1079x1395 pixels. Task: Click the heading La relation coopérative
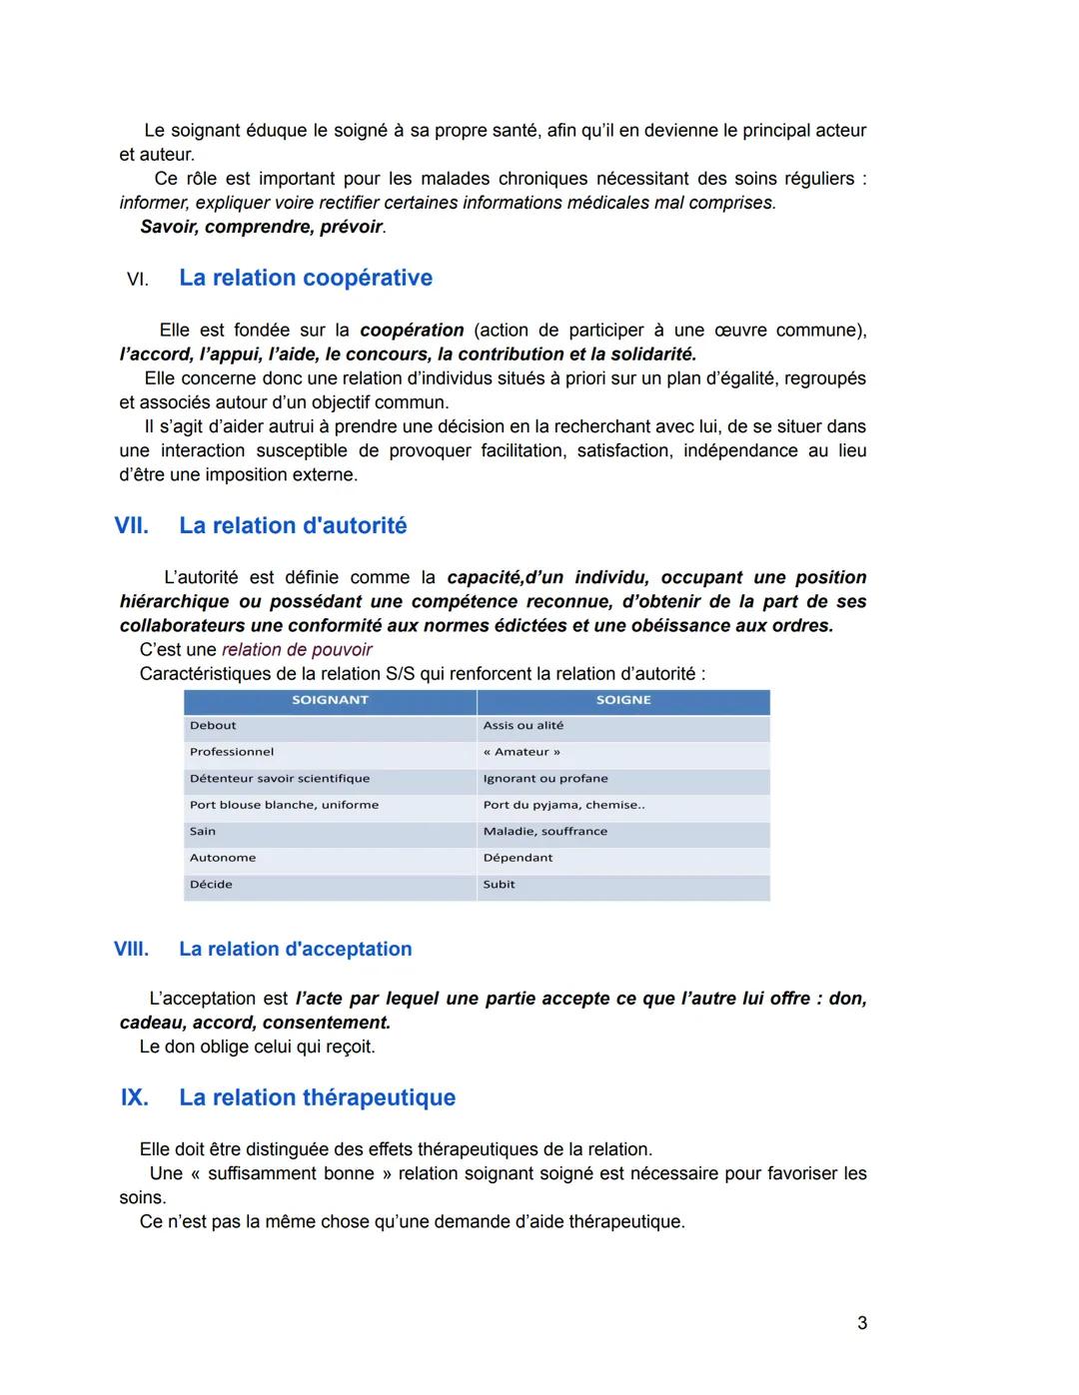(305, 278)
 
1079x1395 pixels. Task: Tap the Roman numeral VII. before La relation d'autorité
(131, 525)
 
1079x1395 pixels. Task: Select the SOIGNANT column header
(330, 700)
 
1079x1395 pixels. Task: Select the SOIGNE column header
(622, 700)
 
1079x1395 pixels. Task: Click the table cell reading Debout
(214, 726)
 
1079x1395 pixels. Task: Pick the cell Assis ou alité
(523, 726)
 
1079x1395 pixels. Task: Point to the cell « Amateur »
(522, 752)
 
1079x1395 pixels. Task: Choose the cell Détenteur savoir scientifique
(280, 779)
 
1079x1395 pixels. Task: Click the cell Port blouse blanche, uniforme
(284, 805)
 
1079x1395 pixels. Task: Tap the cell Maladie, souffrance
(544, 832)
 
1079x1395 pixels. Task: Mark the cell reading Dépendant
(518, 858)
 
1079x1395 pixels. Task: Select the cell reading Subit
(499, 885)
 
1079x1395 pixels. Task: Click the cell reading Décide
(211, 885)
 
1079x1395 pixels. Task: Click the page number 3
(862, 1323)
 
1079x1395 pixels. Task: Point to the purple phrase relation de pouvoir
(297, 650)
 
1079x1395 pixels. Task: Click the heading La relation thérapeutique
(317, 1097)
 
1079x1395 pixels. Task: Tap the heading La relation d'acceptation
(295, 949)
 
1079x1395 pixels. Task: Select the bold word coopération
(412, 330)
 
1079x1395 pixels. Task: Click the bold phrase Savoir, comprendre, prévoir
(262, 227)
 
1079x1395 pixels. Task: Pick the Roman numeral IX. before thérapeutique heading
(134, 1097)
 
